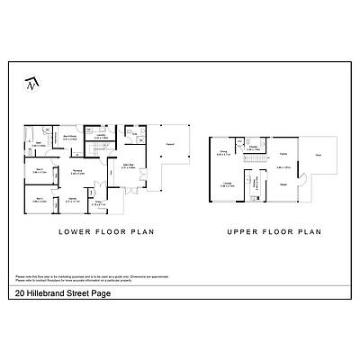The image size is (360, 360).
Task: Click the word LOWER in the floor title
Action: click(78, 231)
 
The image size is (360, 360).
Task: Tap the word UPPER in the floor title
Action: click(244, 231)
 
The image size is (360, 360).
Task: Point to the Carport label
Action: click(169, 141)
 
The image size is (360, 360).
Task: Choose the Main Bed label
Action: click(128, 166)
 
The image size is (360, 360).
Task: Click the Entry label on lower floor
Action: click(124, 202)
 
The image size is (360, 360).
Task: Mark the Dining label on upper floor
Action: click(224, 153)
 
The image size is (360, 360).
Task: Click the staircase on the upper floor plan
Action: click(255, 161)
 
